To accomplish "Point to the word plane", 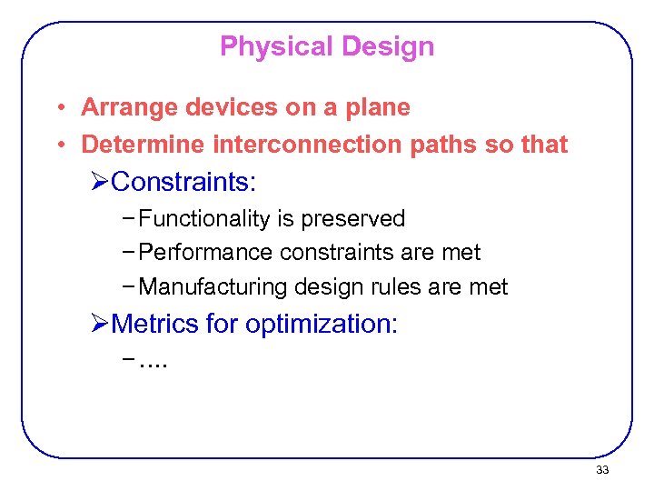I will point(376,107).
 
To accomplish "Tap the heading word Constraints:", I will point(185,183).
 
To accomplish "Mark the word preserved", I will point(353,219).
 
